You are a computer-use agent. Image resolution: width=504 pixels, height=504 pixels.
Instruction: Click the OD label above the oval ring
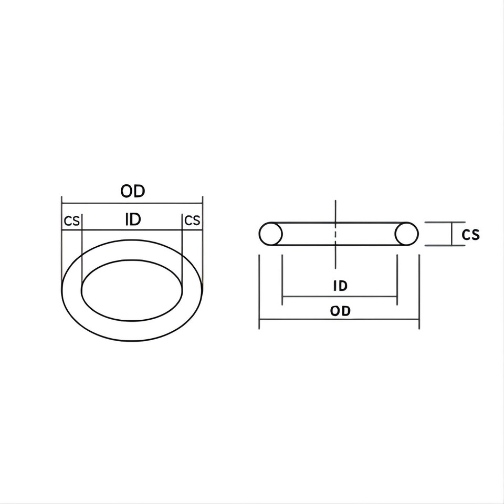(x=132, y=191)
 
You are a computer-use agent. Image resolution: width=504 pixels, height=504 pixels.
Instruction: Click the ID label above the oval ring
(x=133, y=219)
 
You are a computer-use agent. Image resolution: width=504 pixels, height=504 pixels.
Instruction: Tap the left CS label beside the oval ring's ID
(x=71, y=220)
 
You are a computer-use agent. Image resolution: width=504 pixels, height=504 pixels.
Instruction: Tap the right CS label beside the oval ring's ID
(x=193, y=220)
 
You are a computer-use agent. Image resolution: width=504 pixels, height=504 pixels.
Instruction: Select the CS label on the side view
(x=470, y=234)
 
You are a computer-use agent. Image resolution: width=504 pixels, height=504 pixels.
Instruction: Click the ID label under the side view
(x=340, y=286)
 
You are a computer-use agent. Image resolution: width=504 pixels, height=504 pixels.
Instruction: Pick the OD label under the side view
(x=340, y=311)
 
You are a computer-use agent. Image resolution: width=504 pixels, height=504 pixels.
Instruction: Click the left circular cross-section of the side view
(x=271, y=234)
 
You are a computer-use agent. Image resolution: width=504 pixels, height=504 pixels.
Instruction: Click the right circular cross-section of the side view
(x=406, y=234)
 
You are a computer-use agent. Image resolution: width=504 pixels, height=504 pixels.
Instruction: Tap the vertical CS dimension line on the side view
(x=452, y=234)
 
